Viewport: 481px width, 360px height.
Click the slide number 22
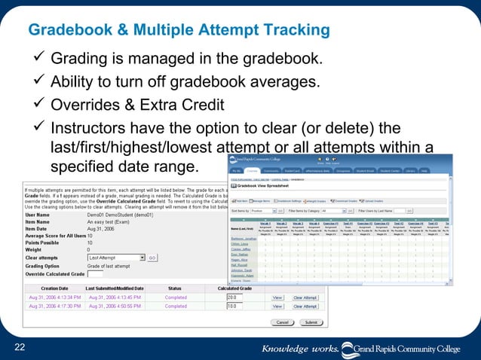click(20, 346)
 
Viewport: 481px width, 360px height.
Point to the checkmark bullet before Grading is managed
click(37, 59)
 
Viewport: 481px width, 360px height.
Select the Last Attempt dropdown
click(121, 257)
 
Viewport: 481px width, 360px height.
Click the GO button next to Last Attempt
click(152, 257)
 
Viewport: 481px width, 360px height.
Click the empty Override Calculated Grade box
click(96, 275)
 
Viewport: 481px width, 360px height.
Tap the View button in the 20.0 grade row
click(277, 297)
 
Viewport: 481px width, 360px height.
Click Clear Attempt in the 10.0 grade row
click(305, 307)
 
